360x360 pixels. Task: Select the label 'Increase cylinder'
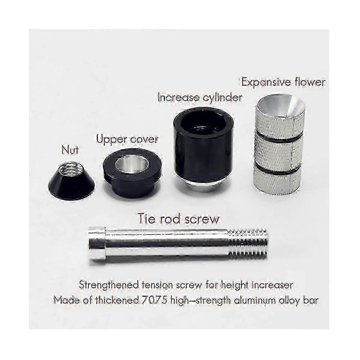[200, 97]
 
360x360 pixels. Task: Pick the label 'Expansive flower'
[283, 82]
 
